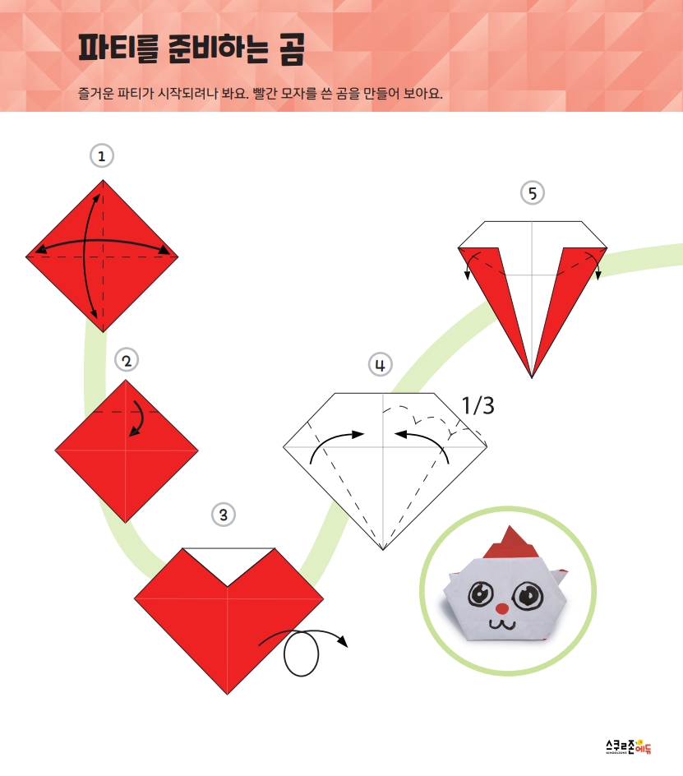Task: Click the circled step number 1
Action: pos(102,156)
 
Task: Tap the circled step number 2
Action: pos(127,360)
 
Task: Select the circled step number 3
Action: pos(224,515)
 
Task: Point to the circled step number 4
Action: pos(380,365)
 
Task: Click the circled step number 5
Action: pos(533,193)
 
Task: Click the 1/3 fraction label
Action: pos(478,406)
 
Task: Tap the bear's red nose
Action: pos(502,607)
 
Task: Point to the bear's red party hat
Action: pos(511,543)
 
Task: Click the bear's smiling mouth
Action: pos(502,623)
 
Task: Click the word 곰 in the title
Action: pos(291,48)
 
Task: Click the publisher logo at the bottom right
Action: pos(629,746)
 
